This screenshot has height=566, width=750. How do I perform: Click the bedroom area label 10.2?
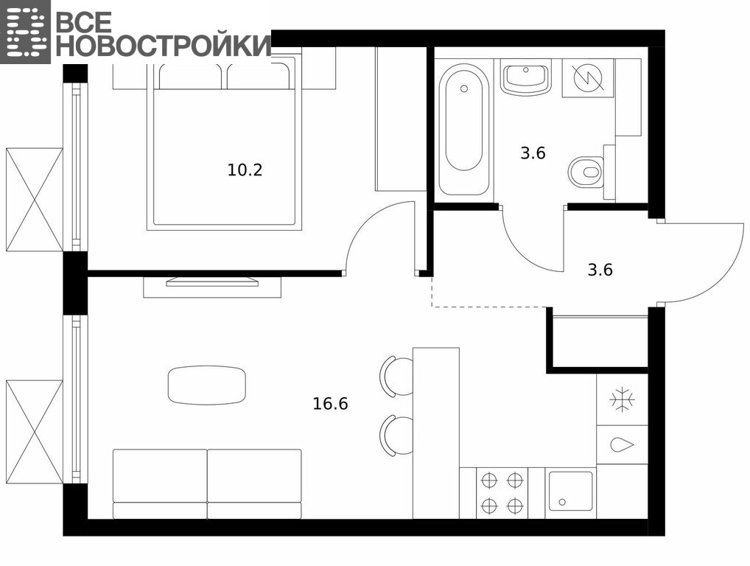tap(245, 170)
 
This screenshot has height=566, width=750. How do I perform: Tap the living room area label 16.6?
tap(330, 404)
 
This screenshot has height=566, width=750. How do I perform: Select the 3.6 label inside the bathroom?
tap(533, 153)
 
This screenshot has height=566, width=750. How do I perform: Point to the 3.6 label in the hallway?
tap(600, 270)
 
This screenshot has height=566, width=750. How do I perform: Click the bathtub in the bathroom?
tap(463, 129)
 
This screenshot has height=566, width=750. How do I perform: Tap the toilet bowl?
tap(586, 171)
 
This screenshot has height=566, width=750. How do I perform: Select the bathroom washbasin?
tap(526, 77)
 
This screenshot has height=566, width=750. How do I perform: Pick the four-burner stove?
tap(502, 493)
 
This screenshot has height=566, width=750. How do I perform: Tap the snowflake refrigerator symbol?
tap(623, 400)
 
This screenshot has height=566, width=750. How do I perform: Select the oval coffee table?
tap(206, 385)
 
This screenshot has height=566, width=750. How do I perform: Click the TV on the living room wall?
tap(212, 282)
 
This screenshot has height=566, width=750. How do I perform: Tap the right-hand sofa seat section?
tap(254, 483)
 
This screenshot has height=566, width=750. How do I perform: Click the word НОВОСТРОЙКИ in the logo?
tap(164, 44)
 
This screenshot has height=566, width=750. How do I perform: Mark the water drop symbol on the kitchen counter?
tap(623, 445)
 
